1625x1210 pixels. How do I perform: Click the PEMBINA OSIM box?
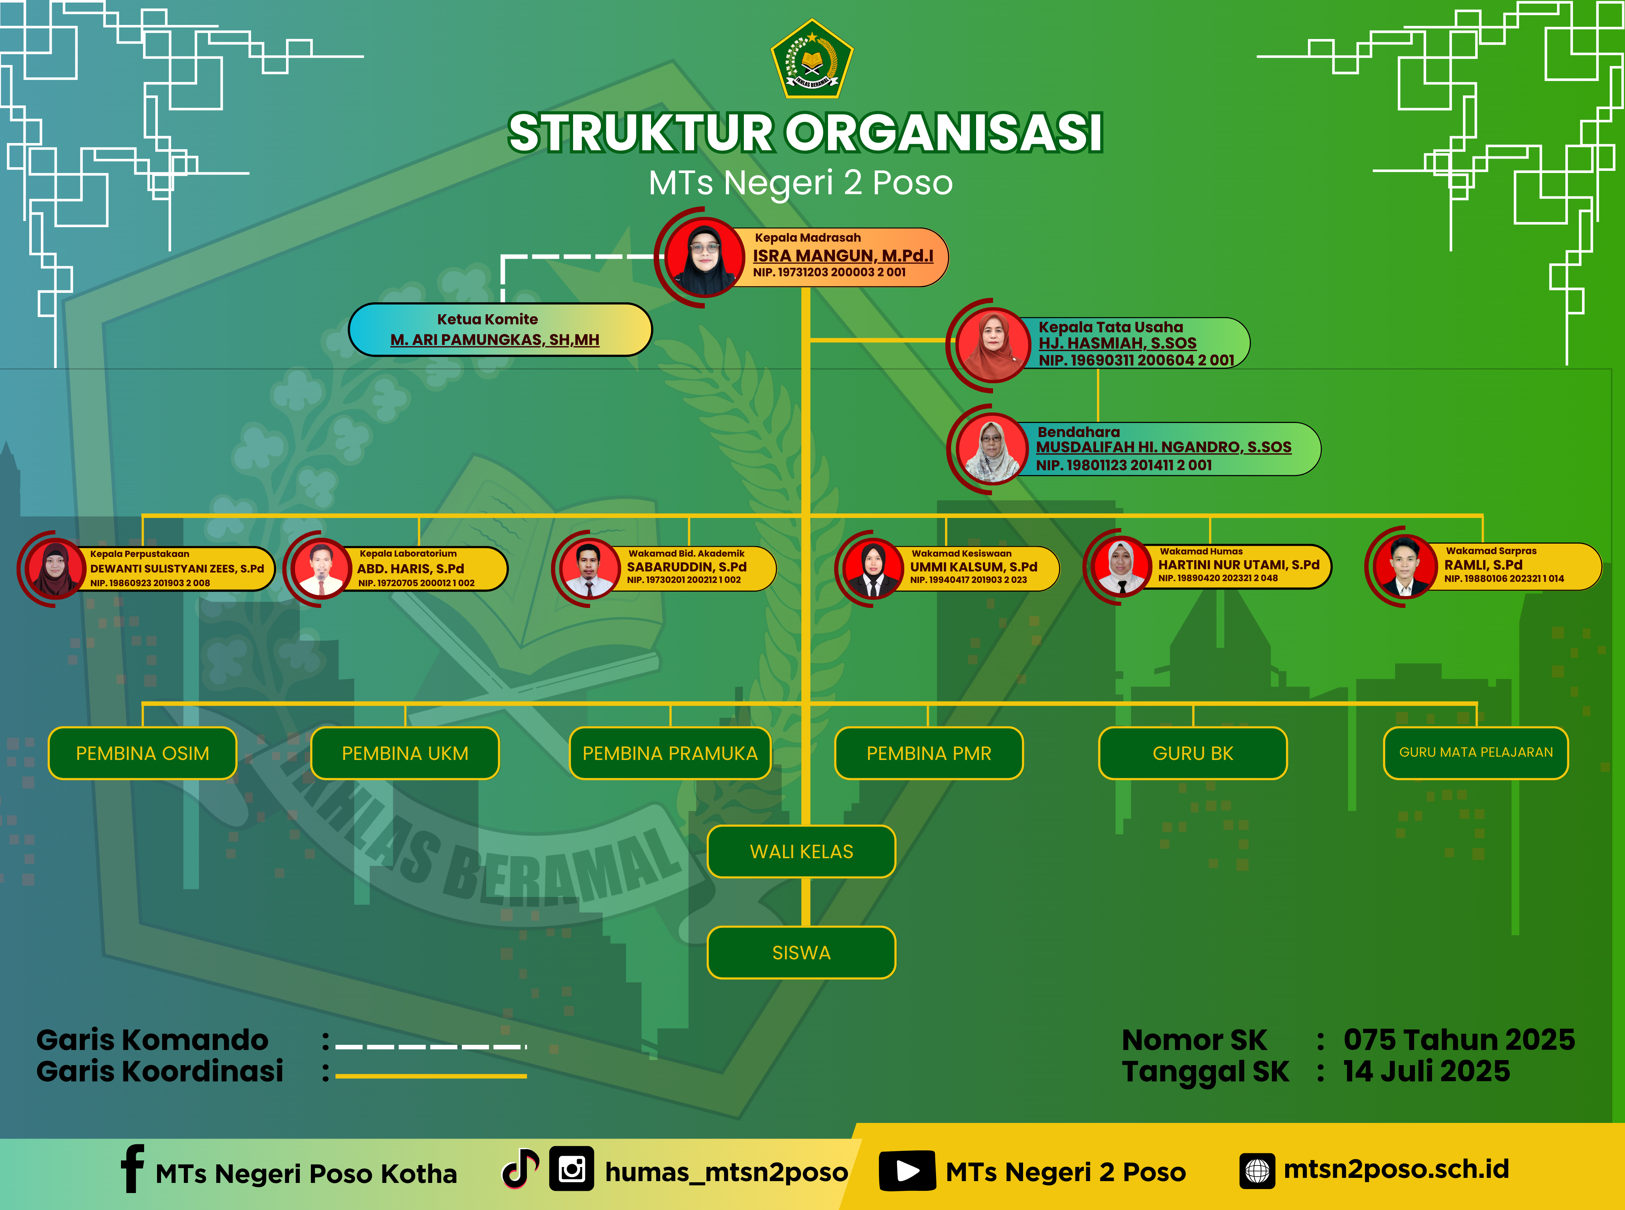coord(143,753)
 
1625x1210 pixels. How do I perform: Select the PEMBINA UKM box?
coord(405,753)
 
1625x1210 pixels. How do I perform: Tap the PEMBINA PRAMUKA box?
coord(670,753)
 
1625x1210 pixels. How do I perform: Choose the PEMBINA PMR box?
coord(928,753)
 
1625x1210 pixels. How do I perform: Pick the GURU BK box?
coord(1193,753)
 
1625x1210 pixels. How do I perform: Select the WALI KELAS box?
coord(801,851)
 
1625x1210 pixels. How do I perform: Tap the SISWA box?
coord(801,952)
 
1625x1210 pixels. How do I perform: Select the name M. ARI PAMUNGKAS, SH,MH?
coord(495,340)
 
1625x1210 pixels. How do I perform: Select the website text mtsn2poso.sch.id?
coord(1396,1169)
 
